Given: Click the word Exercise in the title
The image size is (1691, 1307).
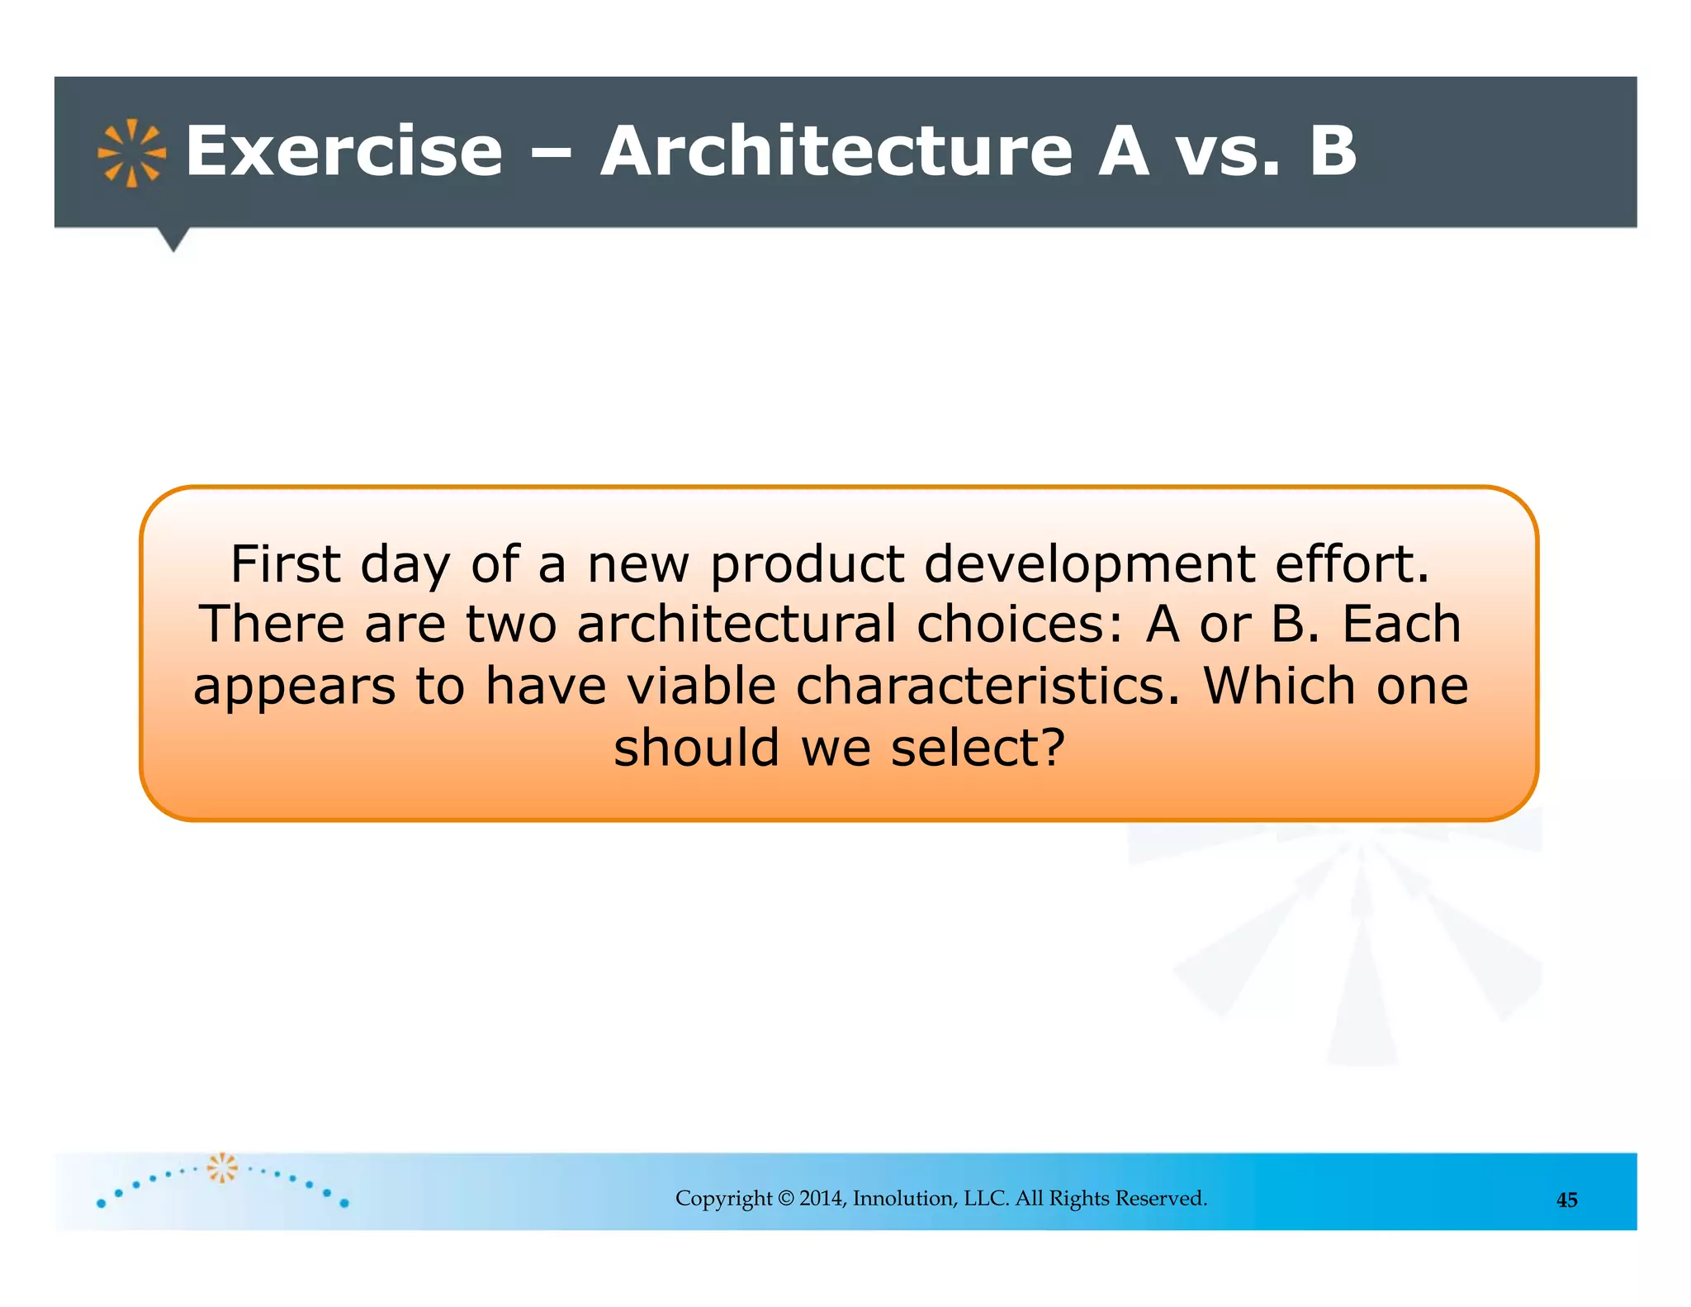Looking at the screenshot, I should tap(343, 151).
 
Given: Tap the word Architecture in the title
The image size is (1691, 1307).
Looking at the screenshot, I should tap(836, 151).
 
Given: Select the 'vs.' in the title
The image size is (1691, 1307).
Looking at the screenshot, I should tap(1228, 151).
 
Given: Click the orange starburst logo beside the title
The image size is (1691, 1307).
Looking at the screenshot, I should tap(131, 154).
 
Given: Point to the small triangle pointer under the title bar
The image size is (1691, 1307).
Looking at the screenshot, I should tap(173, 240).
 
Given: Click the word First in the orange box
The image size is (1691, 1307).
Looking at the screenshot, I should tap(285, 564).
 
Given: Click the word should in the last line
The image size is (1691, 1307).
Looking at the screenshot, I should tap(697, 748).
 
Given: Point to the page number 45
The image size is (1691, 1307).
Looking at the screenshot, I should tap(1566, 1200).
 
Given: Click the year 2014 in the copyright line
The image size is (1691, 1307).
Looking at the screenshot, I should tap(822, 1199).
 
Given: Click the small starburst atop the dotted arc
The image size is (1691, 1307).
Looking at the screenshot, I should tap(221, 1167).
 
